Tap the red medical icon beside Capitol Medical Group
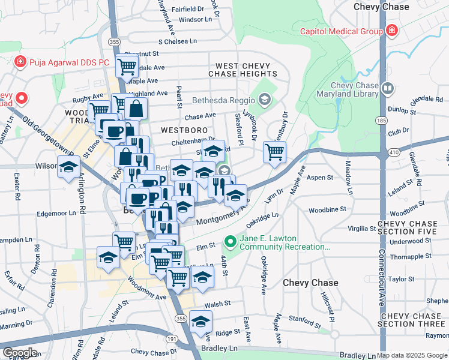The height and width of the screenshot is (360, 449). pyautogui.click(x=391, y=30)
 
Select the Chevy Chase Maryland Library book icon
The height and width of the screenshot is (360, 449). pyautogui.click(x=388, y=89)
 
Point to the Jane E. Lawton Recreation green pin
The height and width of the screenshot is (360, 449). pyautogui.click(x=229, y=242)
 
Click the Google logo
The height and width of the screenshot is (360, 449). pyautogui.click(x=20, y=353)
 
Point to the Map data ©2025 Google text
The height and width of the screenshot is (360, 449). pyautogui.click(x=412, y=355)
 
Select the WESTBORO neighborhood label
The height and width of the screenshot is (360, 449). pyautogui.click(x=184, y=130)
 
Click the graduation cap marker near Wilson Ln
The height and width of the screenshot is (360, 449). pyautogui.click(x=69, y=166)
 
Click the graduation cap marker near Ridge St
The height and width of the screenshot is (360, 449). pyautogui.click(x=200, y=320)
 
